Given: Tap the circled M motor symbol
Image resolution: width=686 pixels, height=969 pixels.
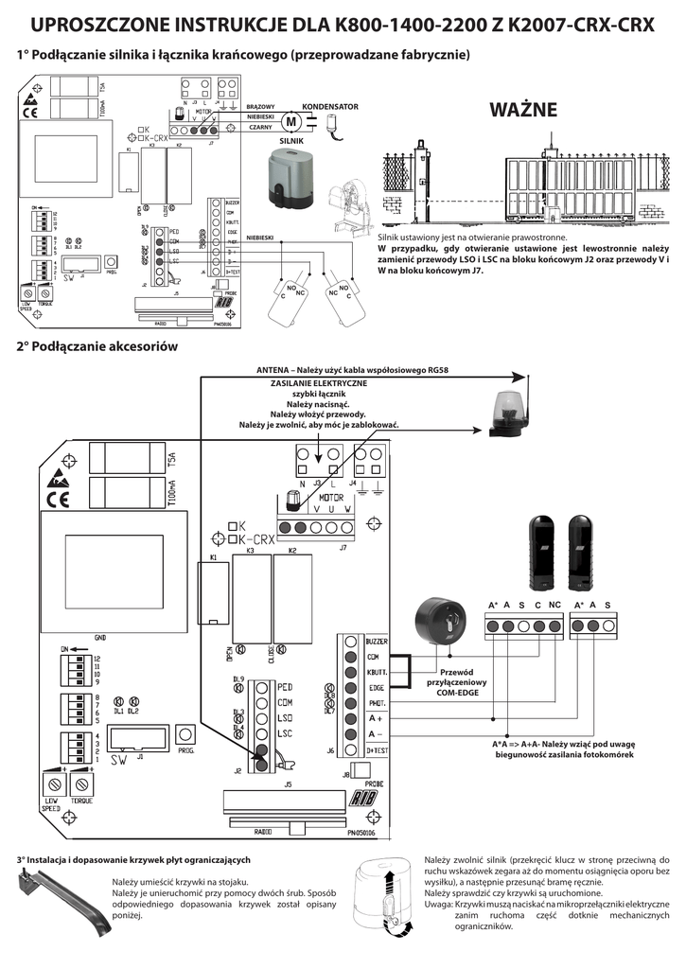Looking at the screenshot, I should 290,121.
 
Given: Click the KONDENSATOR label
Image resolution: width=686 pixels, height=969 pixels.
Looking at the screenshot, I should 330,107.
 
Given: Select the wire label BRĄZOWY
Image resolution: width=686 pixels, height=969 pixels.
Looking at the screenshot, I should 260,107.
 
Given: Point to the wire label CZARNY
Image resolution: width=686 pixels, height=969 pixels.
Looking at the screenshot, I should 260,127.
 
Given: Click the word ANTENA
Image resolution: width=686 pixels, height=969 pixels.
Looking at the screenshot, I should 278,370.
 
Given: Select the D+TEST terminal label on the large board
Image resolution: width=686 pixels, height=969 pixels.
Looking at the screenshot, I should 377,749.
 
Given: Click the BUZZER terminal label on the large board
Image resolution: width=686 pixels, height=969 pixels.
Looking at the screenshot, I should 377,641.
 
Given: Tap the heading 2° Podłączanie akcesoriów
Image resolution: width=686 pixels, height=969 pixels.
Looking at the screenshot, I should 97,346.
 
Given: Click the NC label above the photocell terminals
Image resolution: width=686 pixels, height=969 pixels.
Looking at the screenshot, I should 554,605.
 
